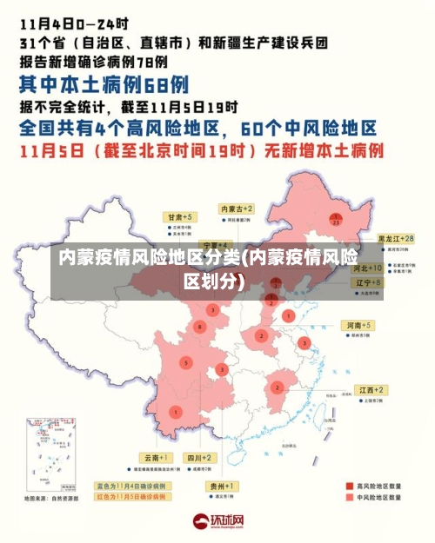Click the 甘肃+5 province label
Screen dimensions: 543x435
pos(181,215)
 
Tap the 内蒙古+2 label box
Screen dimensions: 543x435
pos(237,209)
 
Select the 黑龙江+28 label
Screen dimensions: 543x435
pos(395,238)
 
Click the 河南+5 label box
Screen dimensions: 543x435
pos(358,325)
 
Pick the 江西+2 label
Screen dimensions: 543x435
pos(371,390)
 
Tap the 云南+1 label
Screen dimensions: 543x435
pos(157,457)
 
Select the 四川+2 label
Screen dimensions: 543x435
pos(199,457)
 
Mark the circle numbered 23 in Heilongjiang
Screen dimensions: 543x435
pos(336,220)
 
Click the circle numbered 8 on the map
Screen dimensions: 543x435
pos(201,327)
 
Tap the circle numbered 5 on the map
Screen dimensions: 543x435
pos(185,362)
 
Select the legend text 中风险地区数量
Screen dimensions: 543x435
pos(379,498)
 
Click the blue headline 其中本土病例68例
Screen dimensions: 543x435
pos(104,84)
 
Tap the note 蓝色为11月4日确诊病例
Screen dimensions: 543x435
pos(146,486)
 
